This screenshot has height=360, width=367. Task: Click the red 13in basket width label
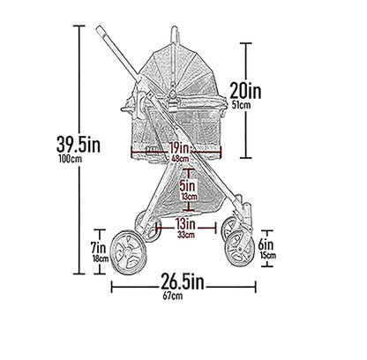(185, 224)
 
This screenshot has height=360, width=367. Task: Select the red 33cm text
(186, 236)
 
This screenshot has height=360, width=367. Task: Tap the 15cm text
(268, 256)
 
